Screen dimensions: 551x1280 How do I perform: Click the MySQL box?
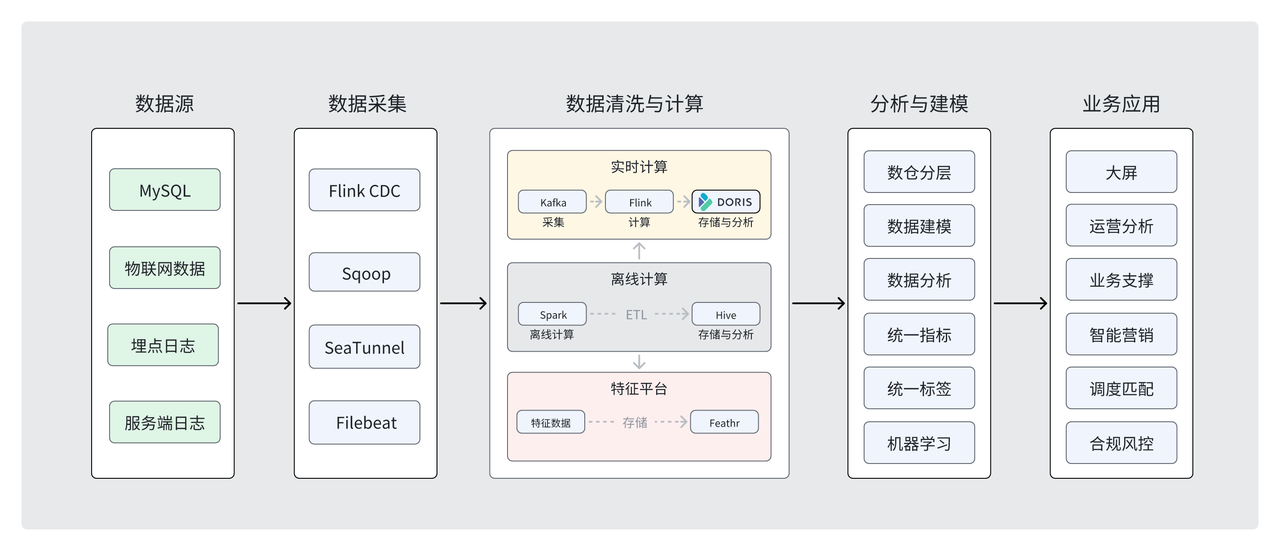164,190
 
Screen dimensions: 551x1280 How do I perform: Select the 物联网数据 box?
164,268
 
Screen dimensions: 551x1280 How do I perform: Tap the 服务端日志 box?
164,422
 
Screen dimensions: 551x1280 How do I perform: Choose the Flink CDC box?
364,190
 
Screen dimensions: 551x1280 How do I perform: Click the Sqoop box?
364,273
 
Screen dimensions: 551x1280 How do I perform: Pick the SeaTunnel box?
364,347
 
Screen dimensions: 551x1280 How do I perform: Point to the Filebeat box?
364,422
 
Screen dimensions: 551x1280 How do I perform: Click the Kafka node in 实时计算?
552,202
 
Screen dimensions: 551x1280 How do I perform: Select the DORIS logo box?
726,202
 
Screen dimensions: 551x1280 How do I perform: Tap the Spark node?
552,314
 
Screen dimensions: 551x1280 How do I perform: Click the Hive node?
726,314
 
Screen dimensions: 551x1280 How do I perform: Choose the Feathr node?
724,422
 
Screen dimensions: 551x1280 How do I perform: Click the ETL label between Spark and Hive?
636,314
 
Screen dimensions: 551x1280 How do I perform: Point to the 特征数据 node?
550,422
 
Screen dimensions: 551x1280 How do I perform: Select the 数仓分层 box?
918,172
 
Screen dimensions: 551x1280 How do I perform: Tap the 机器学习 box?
918,442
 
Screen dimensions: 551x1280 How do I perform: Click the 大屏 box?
1121,172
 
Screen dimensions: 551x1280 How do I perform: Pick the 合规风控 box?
1121,442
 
